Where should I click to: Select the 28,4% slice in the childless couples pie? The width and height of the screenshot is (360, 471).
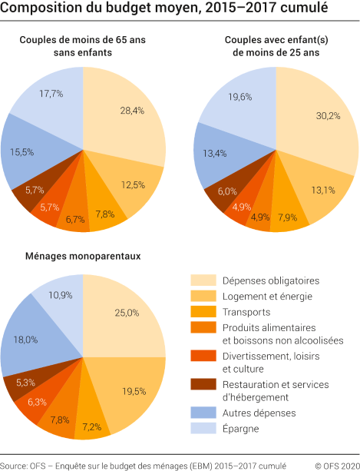[127, 111]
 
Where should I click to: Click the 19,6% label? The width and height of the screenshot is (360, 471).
[239, 97]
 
